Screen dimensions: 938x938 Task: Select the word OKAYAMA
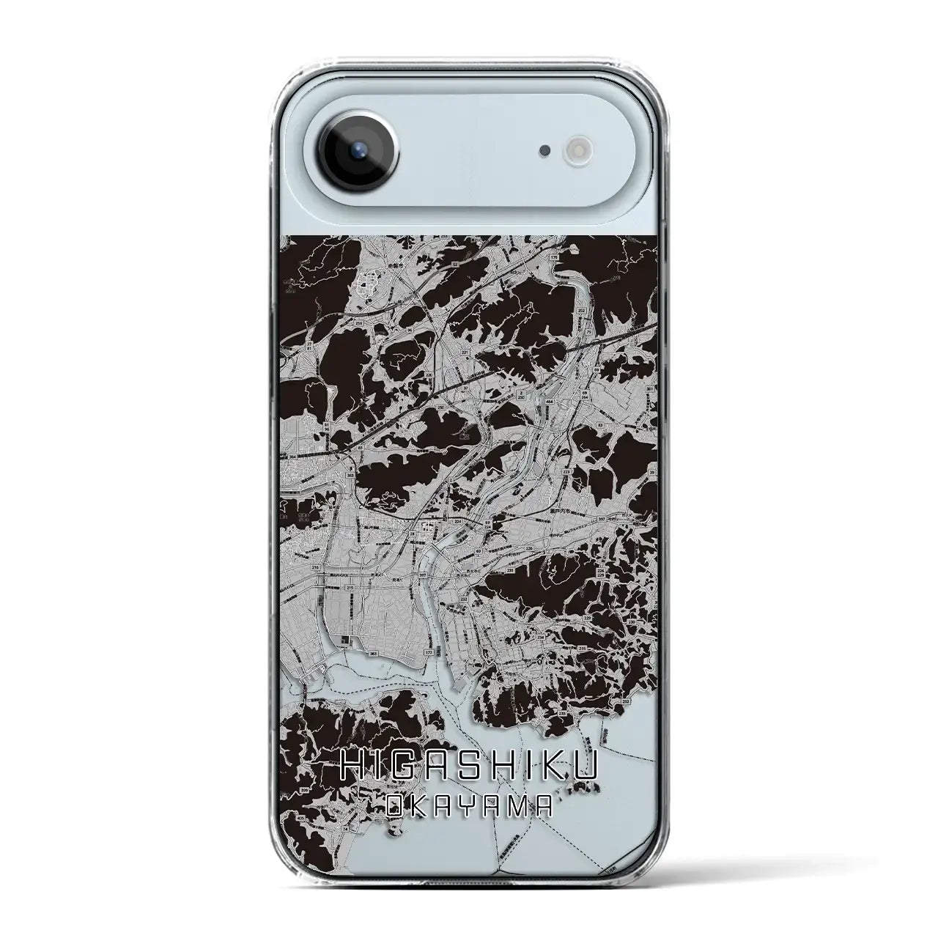[x=469, y=806]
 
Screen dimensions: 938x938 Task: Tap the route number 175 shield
[x=554, y=259]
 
